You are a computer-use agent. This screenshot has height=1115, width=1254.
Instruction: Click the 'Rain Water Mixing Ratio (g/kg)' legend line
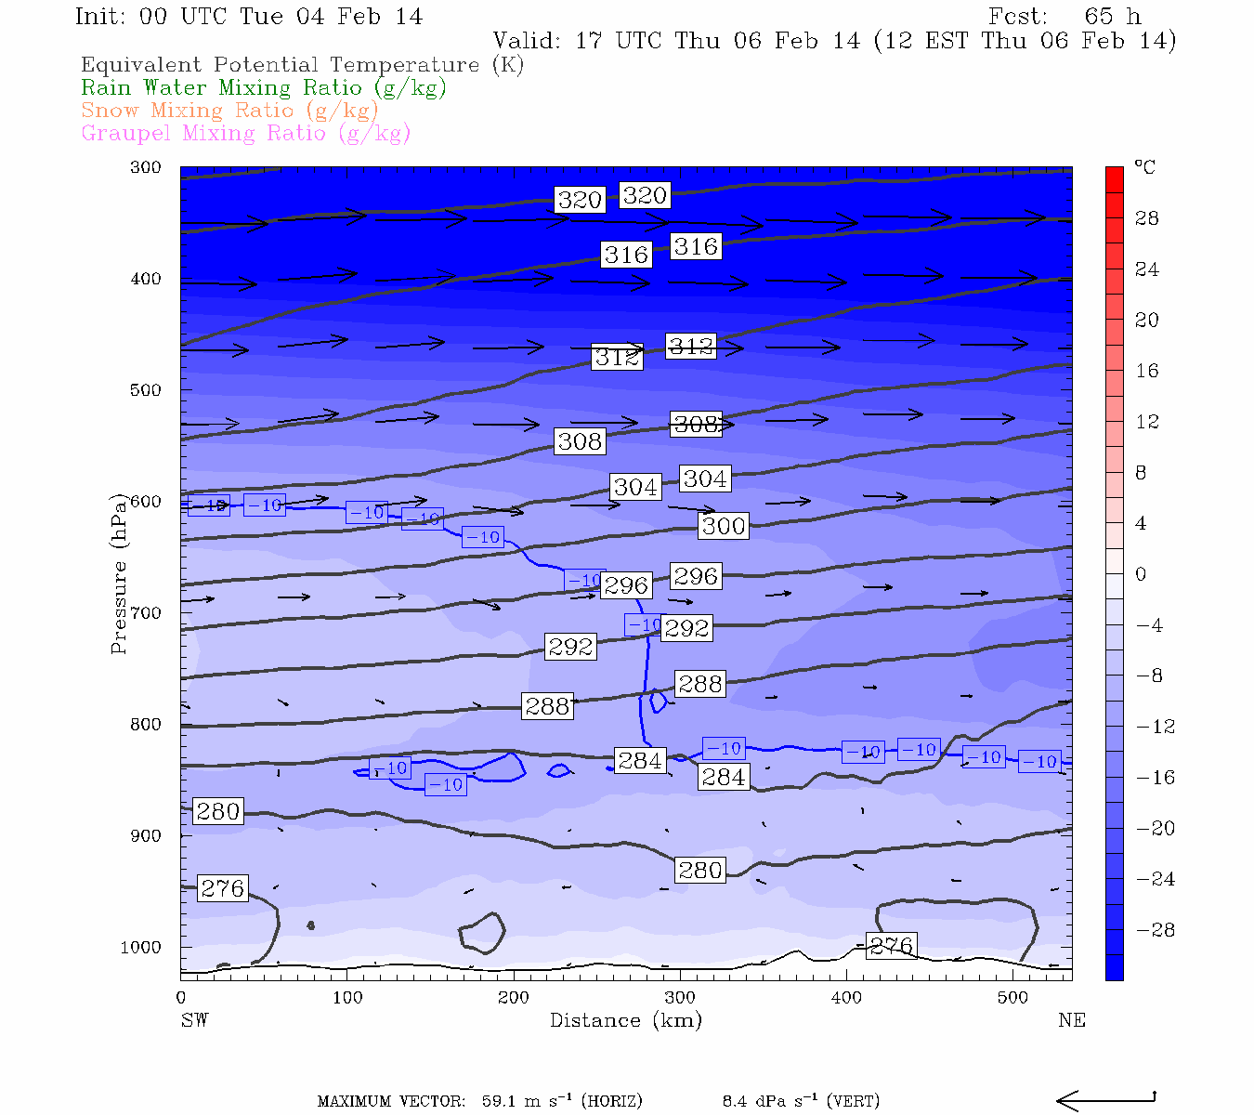264,88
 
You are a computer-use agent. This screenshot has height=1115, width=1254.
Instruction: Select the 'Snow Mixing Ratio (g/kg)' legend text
229,111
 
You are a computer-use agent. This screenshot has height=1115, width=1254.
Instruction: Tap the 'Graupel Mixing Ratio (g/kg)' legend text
245,134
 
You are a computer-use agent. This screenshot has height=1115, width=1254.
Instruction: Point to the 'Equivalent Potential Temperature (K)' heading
302,65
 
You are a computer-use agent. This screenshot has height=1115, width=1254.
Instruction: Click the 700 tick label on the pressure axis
146,613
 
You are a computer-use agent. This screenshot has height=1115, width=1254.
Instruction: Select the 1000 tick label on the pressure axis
141,948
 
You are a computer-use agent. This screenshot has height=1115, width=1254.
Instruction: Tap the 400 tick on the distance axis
846,998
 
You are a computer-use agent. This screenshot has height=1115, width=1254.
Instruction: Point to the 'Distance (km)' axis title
625,1020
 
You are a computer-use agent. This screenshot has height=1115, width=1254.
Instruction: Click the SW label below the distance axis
194,1020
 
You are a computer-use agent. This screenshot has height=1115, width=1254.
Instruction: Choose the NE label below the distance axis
1071,1020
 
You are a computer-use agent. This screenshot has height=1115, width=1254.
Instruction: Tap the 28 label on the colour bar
1147,218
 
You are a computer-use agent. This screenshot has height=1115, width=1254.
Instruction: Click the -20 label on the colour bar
1156,829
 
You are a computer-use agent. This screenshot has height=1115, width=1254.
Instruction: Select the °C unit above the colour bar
1144,167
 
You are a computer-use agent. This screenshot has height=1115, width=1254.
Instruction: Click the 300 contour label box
724,526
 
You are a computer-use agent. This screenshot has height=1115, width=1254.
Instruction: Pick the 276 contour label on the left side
223,888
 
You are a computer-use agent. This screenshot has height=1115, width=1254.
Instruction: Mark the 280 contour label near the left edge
218,811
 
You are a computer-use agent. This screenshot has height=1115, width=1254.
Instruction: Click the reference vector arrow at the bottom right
1105,1100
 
